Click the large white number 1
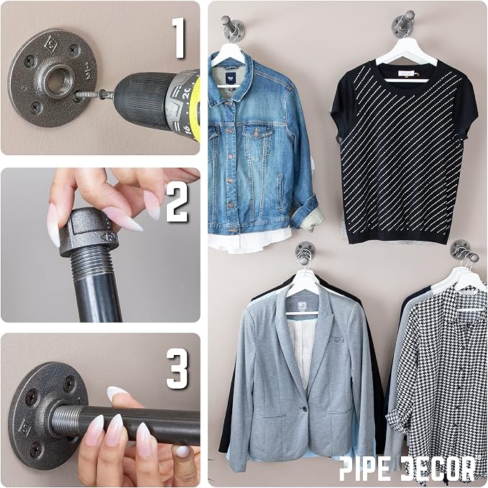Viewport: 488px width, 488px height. point(179,38)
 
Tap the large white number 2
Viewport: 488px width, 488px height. point(178,202)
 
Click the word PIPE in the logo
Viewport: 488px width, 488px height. point(365,470)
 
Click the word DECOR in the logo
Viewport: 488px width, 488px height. point(437,469)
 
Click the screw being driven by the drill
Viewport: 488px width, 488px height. point(89,95)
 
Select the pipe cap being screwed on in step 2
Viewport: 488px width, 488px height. point(88,231)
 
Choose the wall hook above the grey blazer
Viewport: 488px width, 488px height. point(304,255)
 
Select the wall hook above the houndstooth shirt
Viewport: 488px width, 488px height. point(464,253)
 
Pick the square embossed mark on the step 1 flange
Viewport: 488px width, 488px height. point(50,44)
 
